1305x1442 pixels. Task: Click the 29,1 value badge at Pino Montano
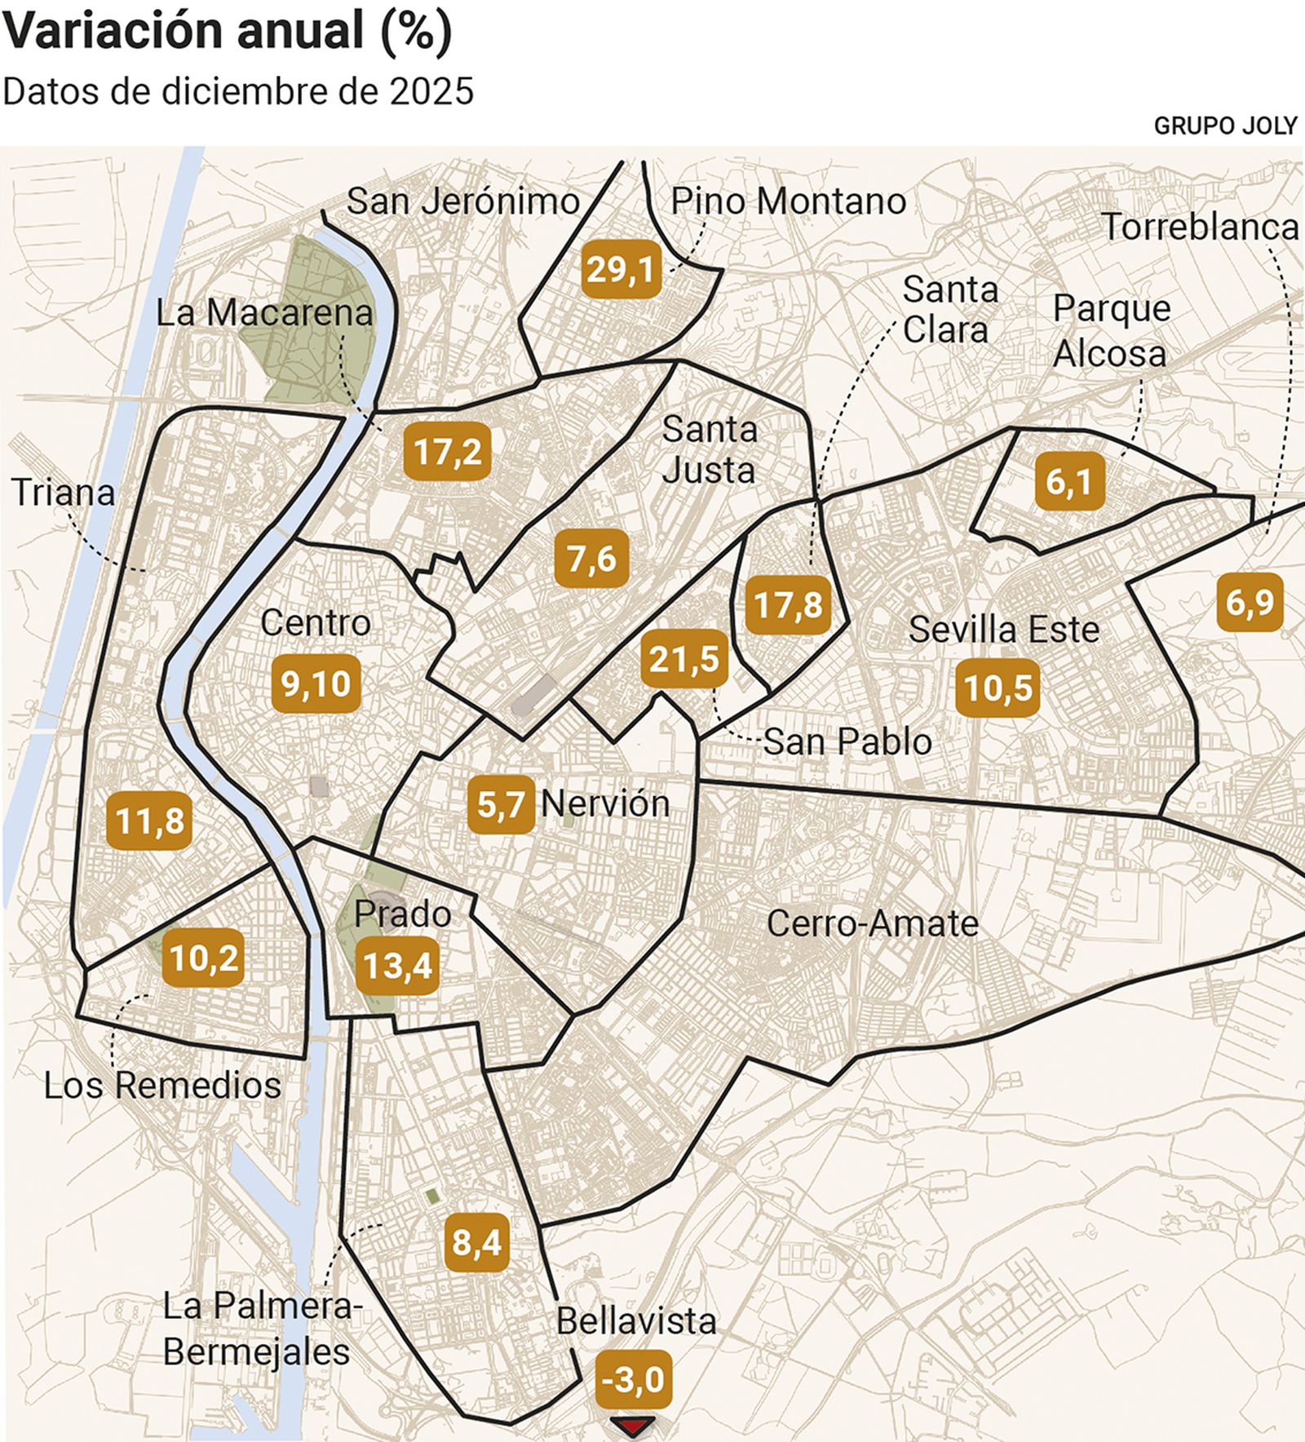tap(621, 269)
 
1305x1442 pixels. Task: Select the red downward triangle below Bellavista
tap(633, 1427)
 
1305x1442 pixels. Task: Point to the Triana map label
tap(63, 493)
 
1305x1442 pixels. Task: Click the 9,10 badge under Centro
tap(316, 683)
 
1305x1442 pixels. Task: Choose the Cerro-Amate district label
tap(872, 923)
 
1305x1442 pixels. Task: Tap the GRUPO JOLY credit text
tap(1224, 125)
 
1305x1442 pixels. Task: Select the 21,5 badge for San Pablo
tap(683, 659)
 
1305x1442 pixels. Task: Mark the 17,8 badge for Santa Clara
tap(788, 605)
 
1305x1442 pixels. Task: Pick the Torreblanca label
tap(1200, 228)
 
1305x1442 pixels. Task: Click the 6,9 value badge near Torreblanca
tap(1249, 603)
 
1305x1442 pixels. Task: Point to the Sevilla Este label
tap(1003, 630)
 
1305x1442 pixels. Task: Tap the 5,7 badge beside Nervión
tap(501, 805)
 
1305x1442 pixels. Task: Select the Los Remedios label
tap(162, 1086)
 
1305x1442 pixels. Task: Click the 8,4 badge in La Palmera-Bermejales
tap(477, 1242)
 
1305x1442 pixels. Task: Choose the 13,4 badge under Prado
tap(397, 966)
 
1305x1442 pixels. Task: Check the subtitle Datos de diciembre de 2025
tap(237, 91)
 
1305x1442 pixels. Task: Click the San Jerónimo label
tap(462, 201)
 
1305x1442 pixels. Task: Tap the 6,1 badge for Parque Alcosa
tap(1068, 482)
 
